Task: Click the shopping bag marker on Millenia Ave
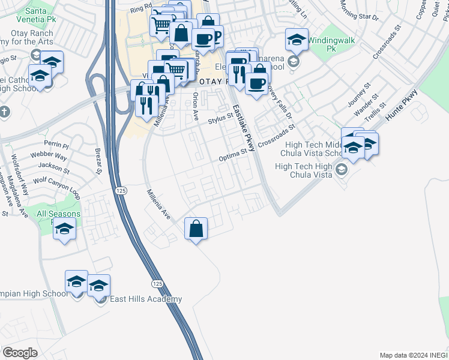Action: point(196,229)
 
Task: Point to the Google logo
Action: point(20,353)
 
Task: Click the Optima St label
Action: point(233,155)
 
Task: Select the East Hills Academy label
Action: point(145,299)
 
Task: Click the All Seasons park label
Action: point(58,214)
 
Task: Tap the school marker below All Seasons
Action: point(64,229)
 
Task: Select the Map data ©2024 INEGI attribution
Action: point(413,355)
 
